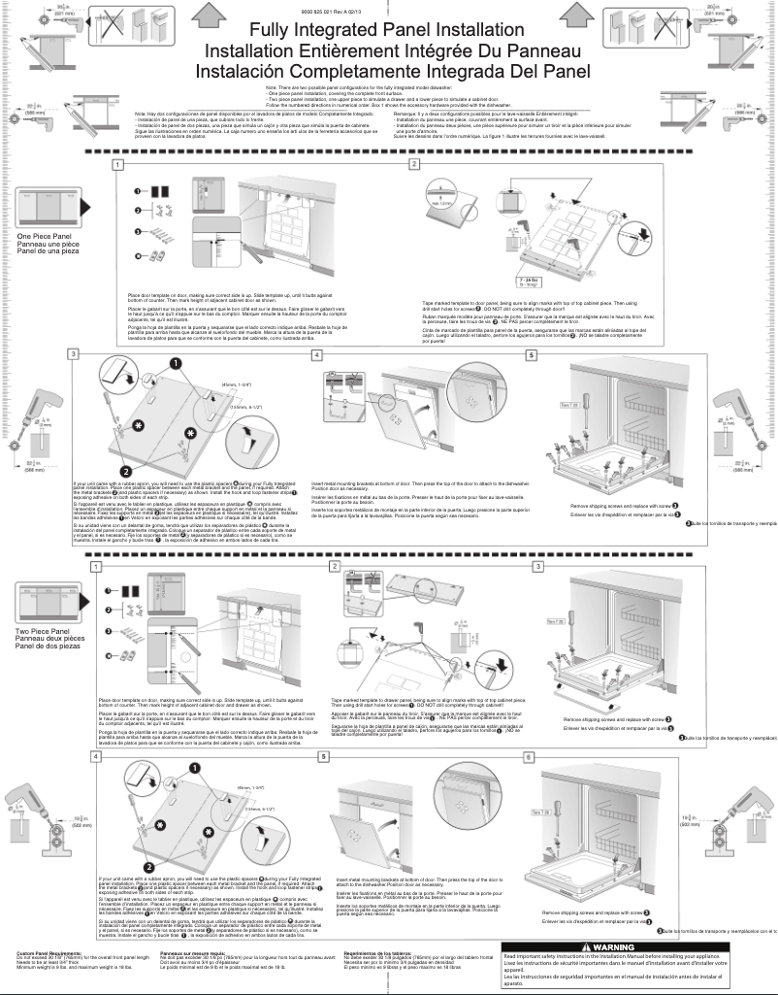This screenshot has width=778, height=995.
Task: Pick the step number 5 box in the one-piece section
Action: coord(558,355)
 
